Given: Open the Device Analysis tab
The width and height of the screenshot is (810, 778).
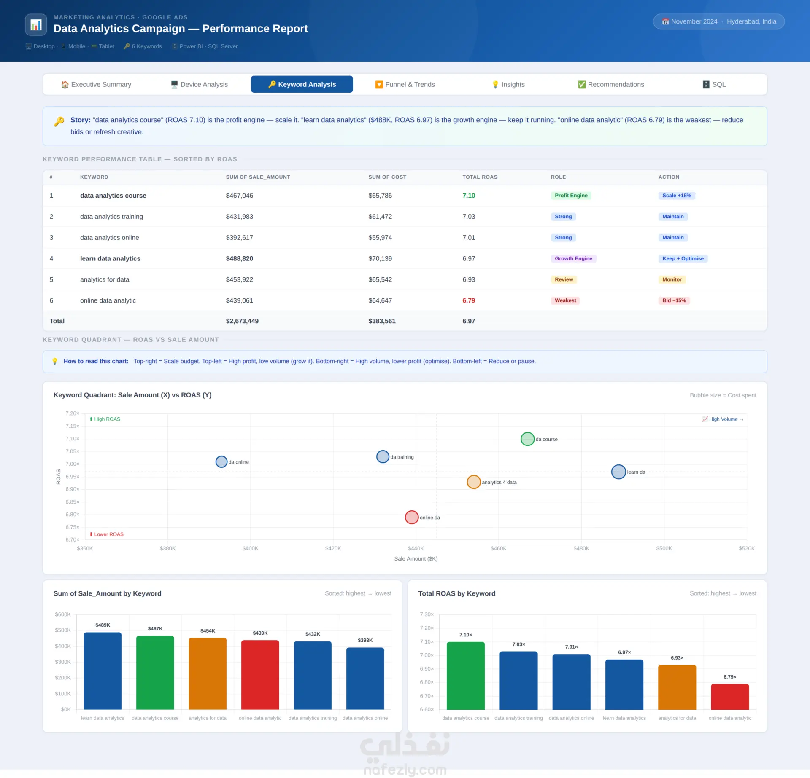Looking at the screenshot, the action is click(199, 84).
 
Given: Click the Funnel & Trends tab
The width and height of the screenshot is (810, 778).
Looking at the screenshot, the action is click(405, 84).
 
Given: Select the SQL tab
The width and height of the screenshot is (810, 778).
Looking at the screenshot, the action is click(714, 84).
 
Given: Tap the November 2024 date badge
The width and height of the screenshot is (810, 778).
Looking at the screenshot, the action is click(718, 21).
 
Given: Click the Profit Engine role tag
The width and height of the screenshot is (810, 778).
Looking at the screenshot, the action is click(571, 196).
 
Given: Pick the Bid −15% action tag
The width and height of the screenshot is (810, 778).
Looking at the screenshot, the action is click(674, 300).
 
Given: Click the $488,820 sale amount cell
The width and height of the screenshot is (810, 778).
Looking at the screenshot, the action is click(239, 258).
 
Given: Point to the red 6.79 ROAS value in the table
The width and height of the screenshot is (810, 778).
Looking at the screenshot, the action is click(469, 300).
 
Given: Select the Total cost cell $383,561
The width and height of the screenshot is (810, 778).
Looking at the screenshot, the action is click(382, 321).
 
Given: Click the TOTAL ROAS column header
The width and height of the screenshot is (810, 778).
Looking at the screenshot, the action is click(480, 177).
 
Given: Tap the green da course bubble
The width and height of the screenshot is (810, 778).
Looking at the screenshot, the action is click(527, 439).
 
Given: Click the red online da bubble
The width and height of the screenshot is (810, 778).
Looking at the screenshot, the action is click(412, 517).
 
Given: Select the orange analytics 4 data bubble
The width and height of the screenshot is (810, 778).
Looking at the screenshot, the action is click(474, 482).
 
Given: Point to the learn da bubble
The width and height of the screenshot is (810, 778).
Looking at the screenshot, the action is click(618, 472).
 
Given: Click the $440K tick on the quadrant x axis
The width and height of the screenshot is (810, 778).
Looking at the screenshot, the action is click(416, 548).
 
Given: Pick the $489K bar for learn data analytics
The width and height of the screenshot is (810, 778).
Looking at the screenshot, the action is click(103, 671).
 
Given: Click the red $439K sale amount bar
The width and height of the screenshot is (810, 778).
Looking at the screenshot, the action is click(260, 675).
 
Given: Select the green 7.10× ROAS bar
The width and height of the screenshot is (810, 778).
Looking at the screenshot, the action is click(466, 676).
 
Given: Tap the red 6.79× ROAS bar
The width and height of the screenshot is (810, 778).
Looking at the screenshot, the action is click(730, 697).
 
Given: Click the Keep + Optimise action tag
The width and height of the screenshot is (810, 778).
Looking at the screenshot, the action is click(683, 258).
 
